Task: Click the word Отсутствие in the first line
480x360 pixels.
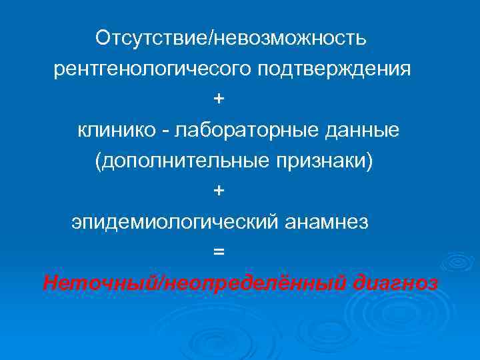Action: (x=152, y=37)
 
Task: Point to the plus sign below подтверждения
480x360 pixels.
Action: (x=219, y=99)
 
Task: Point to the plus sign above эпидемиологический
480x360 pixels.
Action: (x=219, y=191)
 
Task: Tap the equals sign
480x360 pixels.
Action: (x=219, y=252)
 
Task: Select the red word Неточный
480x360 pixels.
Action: (x=99, y=283)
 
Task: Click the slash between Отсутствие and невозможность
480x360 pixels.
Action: (x=212, y=38)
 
